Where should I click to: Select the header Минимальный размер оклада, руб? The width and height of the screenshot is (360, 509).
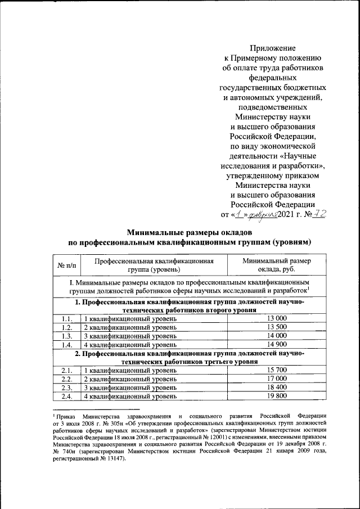coord(276,264)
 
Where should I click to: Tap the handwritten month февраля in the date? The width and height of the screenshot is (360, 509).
coord(261,214)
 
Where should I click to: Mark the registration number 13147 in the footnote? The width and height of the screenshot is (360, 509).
coord(115,458)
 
